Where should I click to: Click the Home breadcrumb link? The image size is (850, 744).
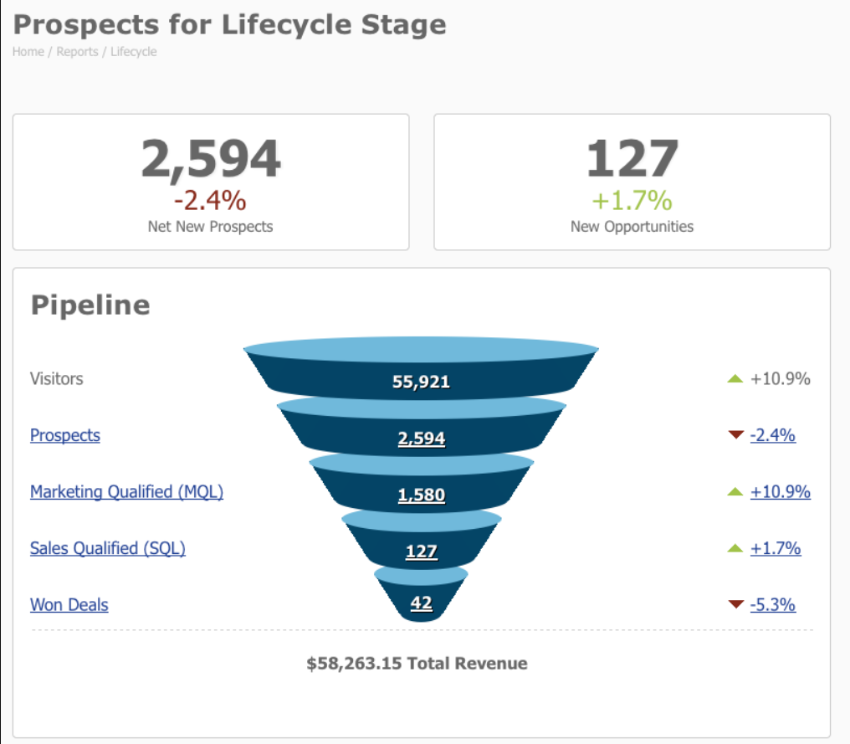28,52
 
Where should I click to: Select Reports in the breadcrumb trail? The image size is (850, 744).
77,52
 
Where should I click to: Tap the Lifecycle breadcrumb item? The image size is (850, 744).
133,52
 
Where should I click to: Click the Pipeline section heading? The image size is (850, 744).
90,305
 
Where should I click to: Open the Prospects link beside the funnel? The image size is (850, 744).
65,435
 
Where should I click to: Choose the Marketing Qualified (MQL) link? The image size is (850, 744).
126,492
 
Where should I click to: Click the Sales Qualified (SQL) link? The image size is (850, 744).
108,548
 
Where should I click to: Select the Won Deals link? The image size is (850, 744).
69,604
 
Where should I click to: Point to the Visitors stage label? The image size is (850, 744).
57,378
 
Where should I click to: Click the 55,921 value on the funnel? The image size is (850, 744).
421,382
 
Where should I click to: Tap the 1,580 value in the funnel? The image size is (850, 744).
421,495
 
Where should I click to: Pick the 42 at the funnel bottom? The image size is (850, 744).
421,603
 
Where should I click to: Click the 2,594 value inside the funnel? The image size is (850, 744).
421,439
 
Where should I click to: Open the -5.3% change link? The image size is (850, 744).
772,604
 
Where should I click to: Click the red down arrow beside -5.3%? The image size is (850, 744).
736,604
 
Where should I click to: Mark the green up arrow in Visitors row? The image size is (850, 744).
735,379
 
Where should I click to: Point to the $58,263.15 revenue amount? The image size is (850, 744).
354,664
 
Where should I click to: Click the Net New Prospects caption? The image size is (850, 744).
210,226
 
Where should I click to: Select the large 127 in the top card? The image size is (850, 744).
632,159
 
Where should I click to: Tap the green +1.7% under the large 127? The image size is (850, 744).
632,201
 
